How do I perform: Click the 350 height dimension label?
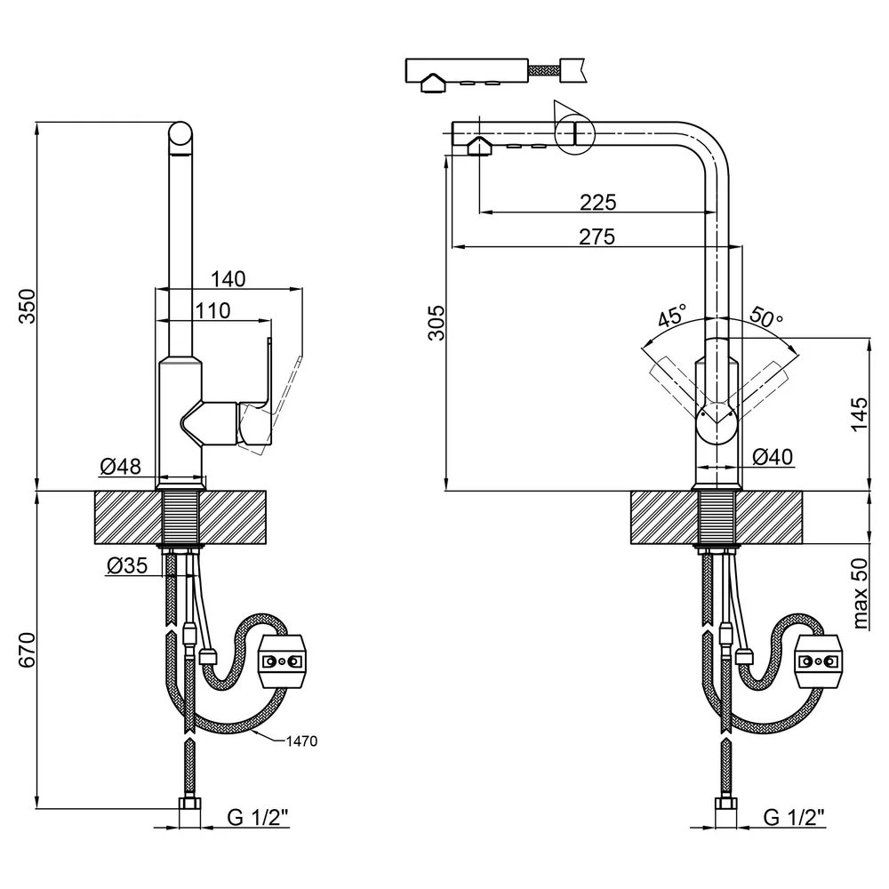(28, 306)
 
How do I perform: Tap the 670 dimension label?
(28, 650)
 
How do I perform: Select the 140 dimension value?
(228, 279)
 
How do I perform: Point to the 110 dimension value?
(213, 310)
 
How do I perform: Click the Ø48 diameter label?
(120, 467)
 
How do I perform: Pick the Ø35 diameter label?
(127, 565)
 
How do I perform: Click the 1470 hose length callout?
(301, 741)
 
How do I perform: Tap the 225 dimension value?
(598, 202)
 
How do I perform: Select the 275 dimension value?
(597, 237)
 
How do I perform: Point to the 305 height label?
(436, 323)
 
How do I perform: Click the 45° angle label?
(672, 316)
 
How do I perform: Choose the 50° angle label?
(766, 316)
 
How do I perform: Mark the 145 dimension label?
(860, 414)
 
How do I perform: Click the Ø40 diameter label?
(773, 456)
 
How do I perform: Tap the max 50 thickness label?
(860, 594)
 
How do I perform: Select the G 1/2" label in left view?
(258, 817)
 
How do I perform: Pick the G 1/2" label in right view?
(794, 817)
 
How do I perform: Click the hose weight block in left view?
(282, 661)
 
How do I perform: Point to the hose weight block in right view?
(818, 661)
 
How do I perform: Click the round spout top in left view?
(180, 138)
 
